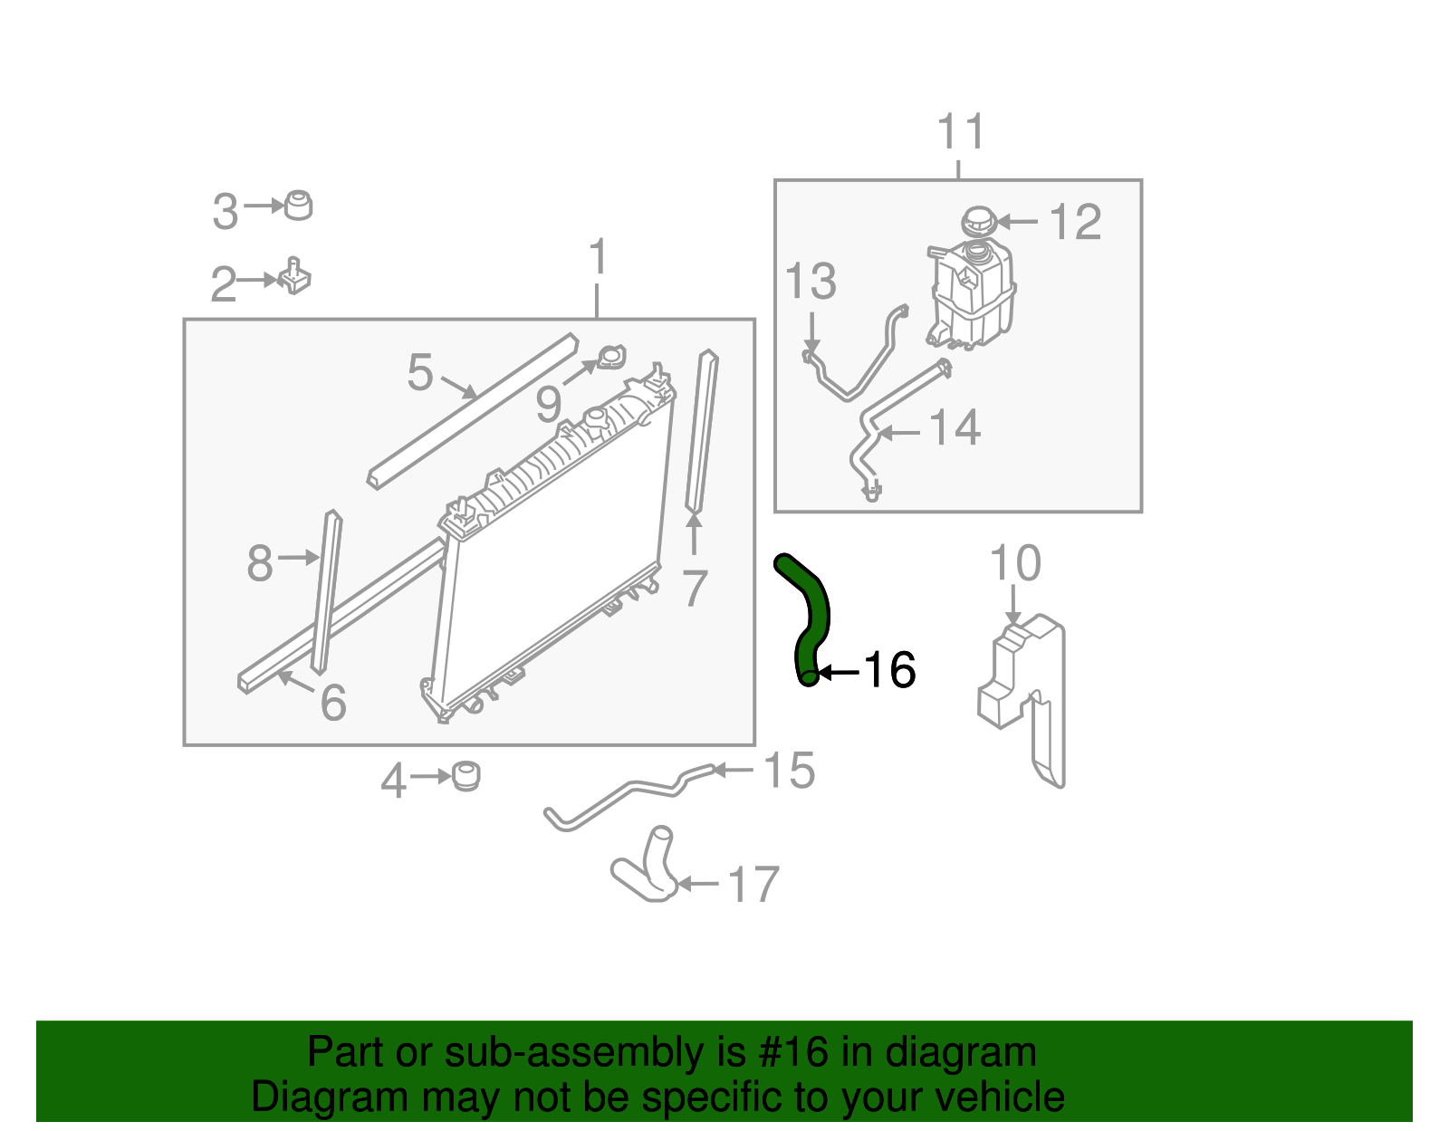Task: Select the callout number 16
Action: [x=889, y=671]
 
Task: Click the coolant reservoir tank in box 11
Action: [x=971, y=294]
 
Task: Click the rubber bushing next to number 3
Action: [x=298, y=206]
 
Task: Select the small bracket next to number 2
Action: [x=295, y=276]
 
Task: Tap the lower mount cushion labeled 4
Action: [x=465, y=776]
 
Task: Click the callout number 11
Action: [x=960, y=133]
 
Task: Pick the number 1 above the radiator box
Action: [x=597, y=258]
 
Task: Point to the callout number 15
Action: [x=789, y=771]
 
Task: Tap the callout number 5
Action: [x=420, y=372]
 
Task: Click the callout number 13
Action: [x=811, y=282]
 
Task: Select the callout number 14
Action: [x=955, y=427]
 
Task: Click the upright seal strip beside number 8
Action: [x=326, y=593]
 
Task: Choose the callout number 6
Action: [x=333, y=703]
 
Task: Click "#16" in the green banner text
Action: [x=788, y=1052]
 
